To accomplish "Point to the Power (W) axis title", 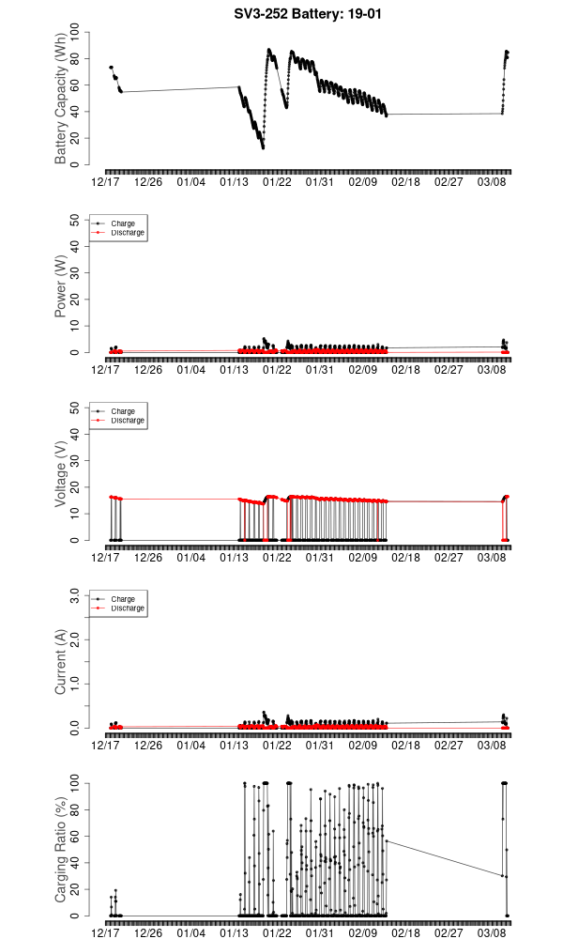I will point(61,287).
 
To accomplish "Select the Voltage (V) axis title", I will point(61,475).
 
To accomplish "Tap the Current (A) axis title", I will point(61,663).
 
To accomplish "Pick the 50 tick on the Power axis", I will point(76,220).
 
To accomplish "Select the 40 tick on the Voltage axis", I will point(76,434).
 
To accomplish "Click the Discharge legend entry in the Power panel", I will point(127,233).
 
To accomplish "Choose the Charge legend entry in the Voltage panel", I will point(123,411).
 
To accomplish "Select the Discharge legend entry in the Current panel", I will point(127,608).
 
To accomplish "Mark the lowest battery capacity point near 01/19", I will point(263,147).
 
